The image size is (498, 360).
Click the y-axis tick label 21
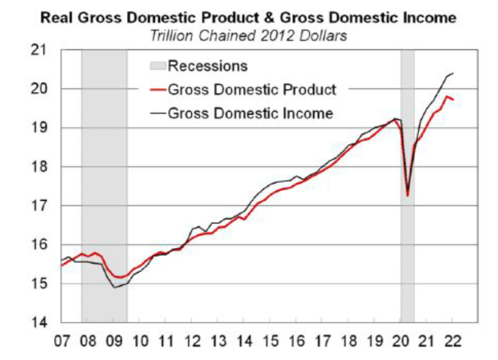[39, 51]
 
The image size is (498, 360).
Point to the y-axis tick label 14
[39, 322]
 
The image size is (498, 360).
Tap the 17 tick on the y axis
[39, 206]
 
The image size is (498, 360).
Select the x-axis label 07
[63, 340]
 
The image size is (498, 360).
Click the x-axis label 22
[453, 340]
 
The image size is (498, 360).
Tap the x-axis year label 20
[401, 340]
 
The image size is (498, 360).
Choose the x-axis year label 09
[114, 340]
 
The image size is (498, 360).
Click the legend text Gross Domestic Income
[250, 113]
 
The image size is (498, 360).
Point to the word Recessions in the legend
[207, 66]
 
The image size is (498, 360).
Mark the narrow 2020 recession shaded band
[408, 232]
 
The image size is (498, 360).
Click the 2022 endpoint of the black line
[453, 73]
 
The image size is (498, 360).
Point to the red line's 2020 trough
[408, 196]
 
